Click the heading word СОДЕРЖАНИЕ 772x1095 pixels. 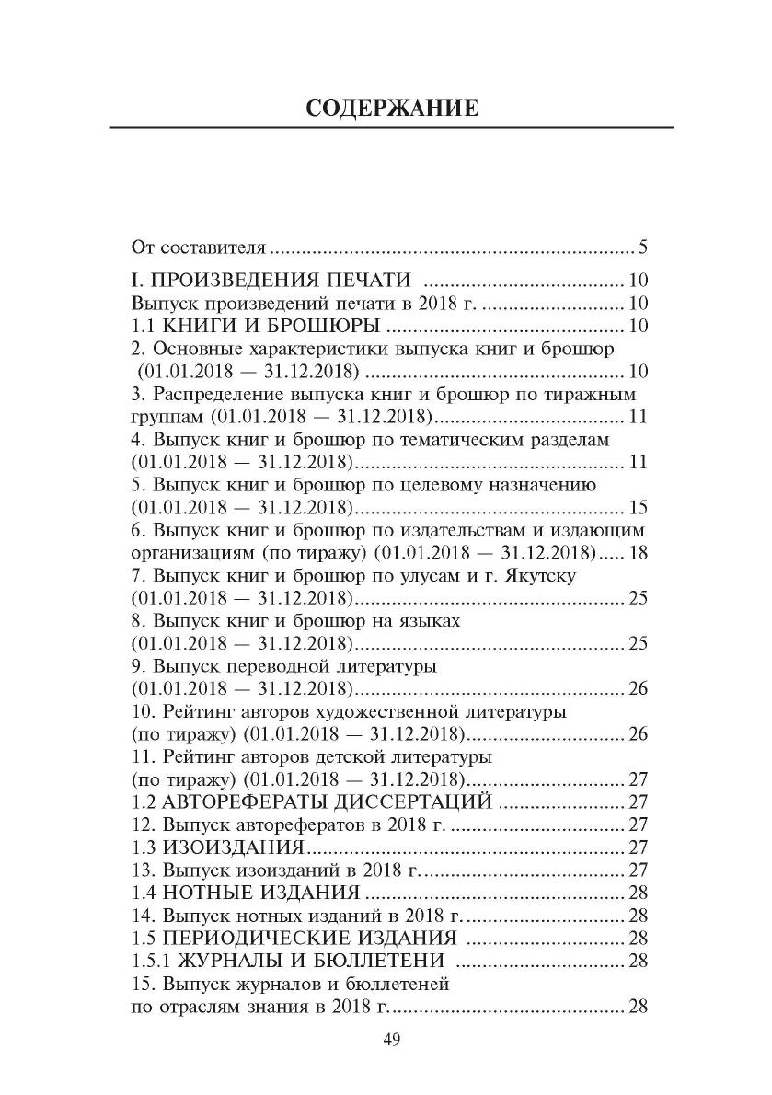pos(391,109)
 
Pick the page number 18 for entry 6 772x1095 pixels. pos(639,553)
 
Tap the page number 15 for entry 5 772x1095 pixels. pos(639,508)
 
